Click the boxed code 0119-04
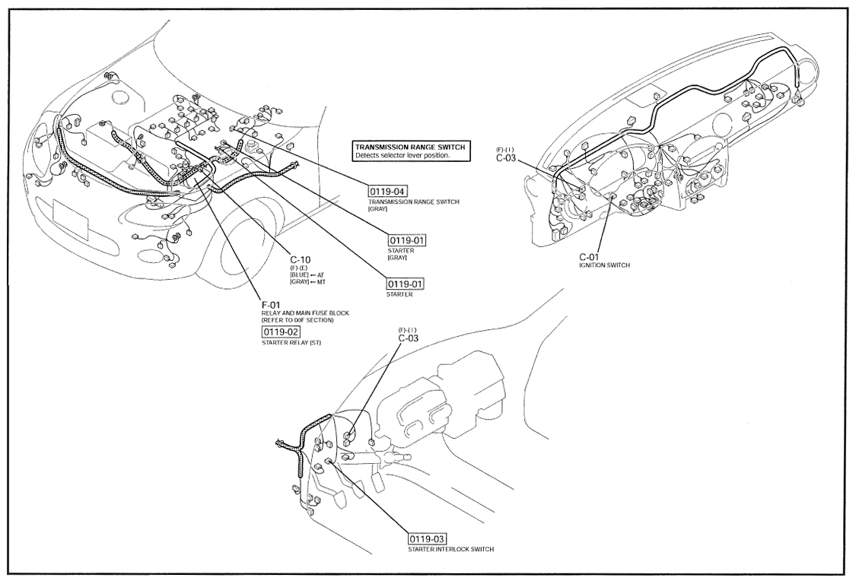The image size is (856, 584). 388,192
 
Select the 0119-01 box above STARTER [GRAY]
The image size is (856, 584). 407,240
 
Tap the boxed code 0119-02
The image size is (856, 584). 281,332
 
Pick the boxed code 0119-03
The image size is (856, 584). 428,539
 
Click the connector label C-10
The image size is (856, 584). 301,260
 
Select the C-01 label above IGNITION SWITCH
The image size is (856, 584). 589,256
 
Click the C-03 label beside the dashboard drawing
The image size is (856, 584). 505,158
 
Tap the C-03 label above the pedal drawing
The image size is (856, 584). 408,338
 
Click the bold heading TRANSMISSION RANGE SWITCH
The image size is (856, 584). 410,148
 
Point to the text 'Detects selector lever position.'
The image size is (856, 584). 403,156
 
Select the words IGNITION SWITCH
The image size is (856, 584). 604,265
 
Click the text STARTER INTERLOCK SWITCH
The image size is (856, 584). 451,549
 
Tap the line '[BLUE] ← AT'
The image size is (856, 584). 307,275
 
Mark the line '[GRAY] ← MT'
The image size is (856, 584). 307,281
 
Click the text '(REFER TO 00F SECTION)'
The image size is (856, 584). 298,320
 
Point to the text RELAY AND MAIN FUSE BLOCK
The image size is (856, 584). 305,313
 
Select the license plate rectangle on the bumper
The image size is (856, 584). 71,220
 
